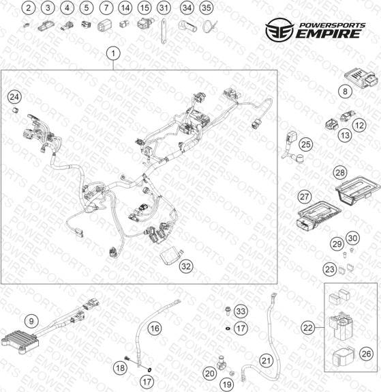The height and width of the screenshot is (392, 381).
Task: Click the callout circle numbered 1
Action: click(x=113, y=53)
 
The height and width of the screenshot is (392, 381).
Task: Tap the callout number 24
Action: click(x=14, y=97)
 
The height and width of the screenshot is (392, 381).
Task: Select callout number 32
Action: click(x=186, y=266)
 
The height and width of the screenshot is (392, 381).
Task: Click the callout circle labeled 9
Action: click(x=31, y=321)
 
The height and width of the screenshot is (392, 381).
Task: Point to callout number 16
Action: click(x=155, y=328)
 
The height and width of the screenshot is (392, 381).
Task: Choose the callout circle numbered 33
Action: click(x=241, y=311)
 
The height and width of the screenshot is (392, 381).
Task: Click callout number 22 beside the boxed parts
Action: click(x=307, y=328)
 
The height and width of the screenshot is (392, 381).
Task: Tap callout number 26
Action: click(x=366, y=354)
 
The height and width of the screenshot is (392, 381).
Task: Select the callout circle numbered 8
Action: click(x=345, y=92)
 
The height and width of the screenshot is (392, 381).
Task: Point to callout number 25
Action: click(x=306, y=144)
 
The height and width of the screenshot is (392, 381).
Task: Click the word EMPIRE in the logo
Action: click(x=329, y=33)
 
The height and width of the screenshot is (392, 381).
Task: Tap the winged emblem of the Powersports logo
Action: click(x=279, y=30)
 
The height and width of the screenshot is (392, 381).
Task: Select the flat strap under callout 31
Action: click(x=164, y=31)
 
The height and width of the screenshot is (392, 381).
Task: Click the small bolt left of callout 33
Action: click(x=228, y=310)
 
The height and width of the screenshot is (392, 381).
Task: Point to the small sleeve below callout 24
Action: click(x=16, y=110)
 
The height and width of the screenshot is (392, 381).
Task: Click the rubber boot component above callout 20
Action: click(x=221, y=362)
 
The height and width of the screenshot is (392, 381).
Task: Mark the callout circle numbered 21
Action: click(x=266, y=361)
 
